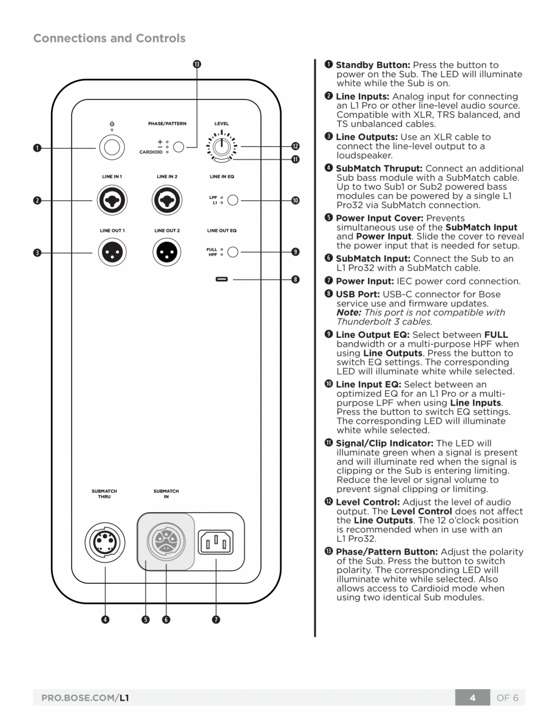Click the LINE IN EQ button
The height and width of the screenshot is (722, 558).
click(x=233, y=200)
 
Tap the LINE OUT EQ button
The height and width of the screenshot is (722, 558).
click(x=233, y=252)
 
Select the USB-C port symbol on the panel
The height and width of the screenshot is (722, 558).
click(x=222, y=280)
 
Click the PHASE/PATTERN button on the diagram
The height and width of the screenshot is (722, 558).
click(x=179, y=147)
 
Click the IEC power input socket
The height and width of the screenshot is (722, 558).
click(x=216, y=541)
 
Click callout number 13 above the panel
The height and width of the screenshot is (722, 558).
click(x=197, y=64)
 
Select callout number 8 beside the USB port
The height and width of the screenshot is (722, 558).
click(x=295, y=280)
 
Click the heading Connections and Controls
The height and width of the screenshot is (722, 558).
click(x=109, y=38)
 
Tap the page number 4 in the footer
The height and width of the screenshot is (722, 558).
click(x=472, y=698)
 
